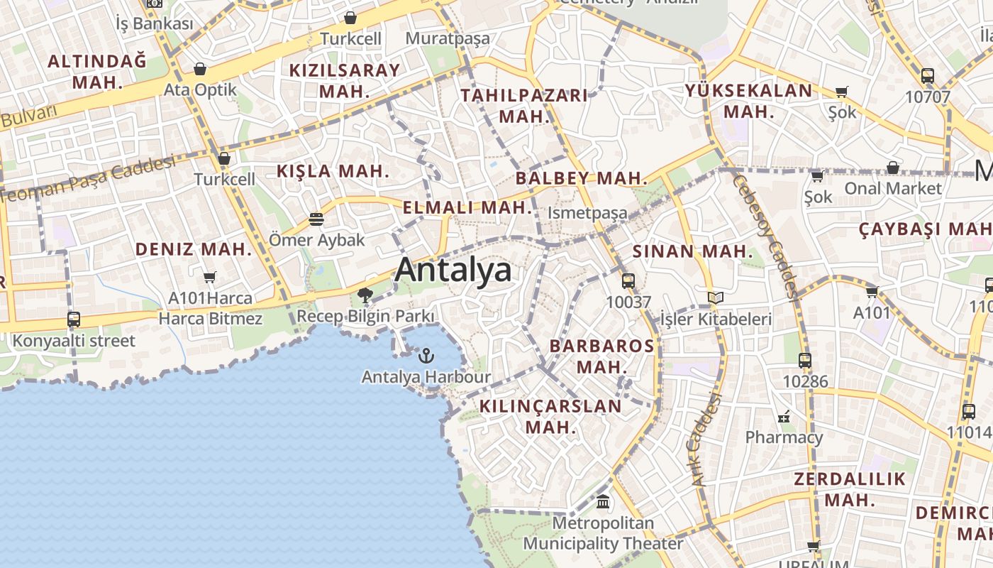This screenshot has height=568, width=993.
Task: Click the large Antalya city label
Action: (453, 271)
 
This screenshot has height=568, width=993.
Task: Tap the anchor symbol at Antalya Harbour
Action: (426, 355)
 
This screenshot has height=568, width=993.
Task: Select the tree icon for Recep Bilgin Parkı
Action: (365, 295)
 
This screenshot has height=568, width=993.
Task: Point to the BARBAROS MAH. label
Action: (602, 356)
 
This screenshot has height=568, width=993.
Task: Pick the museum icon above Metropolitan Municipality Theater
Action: (603, 502)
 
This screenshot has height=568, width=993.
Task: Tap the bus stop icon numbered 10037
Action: (628, 281)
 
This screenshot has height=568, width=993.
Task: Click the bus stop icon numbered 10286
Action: (804, 361)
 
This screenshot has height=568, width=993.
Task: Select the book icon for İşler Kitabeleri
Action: (716, 298)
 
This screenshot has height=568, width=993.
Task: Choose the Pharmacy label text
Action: (784, 437)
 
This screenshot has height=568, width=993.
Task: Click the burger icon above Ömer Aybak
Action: (316, 219)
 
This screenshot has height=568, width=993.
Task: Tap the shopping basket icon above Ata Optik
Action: (200, 69)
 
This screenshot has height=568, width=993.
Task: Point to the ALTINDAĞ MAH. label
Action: (97, 71)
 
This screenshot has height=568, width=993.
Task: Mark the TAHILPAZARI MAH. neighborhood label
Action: (524, 106)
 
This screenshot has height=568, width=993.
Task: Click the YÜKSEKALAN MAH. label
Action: (748, 101)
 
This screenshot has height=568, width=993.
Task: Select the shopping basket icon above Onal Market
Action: (893, 168)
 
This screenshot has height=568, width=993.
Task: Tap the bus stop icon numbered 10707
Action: (927, 76)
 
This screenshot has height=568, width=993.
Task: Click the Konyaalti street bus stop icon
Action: (74, 319)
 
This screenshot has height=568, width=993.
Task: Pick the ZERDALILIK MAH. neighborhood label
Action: (850, 488)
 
